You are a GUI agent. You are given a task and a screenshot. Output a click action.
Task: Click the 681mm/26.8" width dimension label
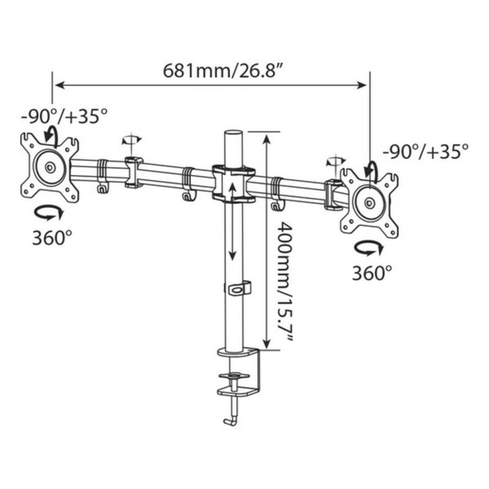pyautogui.click(x=223, y=71)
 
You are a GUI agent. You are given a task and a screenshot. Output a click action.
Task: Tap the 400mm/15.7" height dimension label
pyautogui.click(x=285, y=283)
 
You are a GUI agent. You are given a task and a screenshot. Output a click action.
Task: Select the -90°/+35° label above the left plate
pyautogui.click(x=65, y=117)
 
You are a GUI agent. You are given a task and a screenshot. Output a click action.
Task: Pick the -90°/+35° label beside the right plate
pyautogui.click(x=426, y=152)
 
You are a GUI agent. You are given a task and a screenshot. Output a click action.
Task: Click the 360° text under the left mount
pyautogui.click(x=52, y=238)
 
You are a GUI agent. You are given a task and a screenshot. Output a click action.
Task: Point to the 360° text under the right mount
pyautogui.click(x=372, y=272)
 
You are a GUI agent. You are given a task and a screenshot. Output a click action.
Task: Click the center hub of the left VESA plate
pyautogui.click(x=50, y=168)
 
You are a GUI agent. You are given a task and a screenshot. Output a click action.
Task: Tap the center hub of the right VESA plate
pyautogui.click(x=371, y=203)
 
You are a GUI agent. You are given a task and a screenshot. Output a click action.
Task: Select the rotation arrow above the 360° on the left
pyautogui.click(x=49, y=214)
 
